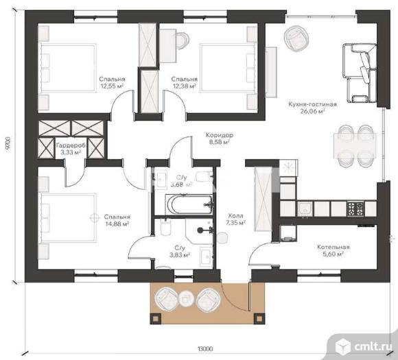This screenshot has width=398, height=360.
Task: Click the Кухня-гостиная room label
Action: coord(312,104)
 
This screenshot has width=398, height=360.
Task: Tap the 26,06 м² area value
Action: coord(313,111)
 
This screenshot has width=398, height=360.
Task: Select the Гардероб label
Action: coord(71,145)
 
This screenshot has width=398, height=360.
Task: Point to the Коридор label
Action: coord(220,135)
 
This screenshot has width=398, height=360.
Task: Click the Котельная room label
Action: coord(333,247)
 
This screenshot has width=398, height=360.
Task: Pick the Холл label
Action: coord(236,216)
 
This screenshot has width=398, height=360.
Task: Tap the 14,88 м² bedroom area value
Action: coord(117,224)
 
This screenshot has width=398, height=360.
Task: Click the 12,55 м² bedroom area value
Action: coord(112,86)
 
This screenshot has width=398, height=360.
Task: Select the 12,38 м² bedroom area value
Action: coord(185,86)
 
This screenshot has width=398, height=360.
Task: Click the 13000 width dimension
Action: coord(205,349)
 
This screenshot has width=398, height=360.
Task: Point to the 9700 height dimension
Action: coord(8,145)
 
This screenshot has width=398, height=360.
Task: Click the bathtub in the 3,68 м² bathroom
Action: coord(190,204)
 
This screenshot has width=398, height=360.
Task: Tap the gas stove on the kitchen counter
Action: coord(355,208)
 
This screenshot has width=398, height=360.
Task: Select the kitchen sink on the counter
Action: coord(305,209)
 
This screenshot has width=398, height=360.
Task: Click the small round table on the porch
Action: coord(187,298)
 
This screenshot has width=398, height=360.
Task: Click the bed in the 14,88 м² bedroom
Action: coord(69,218)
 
